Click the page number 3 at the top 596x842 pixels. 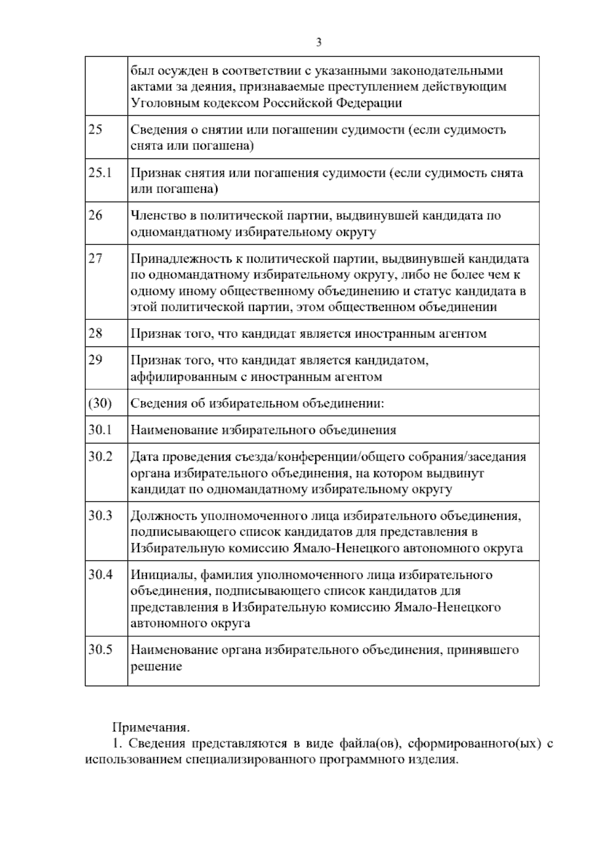pos(318,43)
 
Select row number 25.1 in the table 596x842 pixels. pos(100,173)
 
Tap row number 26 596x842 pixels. pos(95,215)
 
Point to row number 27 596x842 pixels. pos(95,259)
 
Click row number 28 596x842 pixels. pos(95,333)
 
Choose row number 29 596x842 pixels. pos(95,360)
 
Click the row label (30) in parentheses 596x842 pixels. pos(100,403)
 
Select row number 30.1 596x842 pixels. pos(100,430)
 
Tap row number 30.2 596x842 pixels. pos(100,456)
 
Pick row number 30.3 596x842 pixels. pos(100,515)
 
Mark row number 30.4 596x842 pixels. pos(100,574)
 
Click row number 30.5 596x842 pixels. pos(100,649)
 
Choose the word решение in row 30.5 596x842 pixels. pos(156,666)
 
